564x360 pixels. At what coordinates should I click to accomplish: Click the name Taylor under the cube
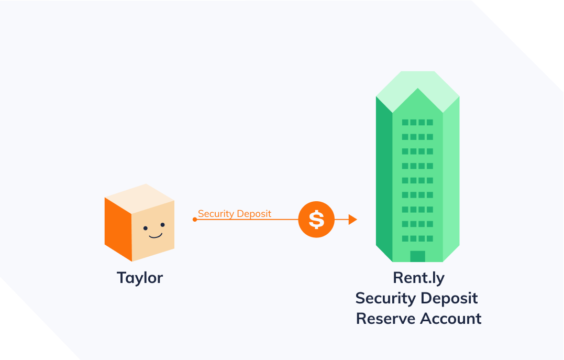click(x=140, y=277)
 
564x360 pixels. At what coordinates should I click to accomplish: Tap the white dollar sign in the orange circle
click(x=316, y=220)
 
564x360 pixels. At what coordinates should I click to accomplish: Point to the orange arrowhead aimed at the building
click(x=352, y=220)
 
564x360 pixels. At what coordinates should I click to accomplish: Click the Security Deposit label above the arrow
click(x=235, y=213)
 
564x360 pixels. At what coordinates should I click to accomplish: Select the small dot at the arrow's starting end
click(x=195, y=220)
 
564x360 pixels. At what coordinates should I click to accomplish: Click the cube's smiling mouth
click(x=155, y=235)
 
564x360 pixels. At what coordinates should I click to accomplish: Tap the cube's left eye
click(x=146, y=228)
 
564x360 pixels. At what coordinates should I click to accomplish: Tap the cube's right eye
click(x=162, y=225)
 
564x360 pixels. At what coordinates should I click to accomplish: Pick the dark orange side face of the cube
click(x=118, y=228)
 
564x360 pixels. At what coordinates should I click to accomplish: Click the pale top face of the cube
click(x=139, y=200)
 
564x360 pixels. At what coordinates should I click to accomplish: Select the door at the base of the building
click(x=417, y=256)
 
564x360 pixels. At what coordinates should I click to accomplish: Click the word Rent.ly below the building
click(x=418, y=278)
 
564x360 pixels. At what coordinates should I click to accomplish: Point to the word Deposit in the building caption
click(x=451, y=298)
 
